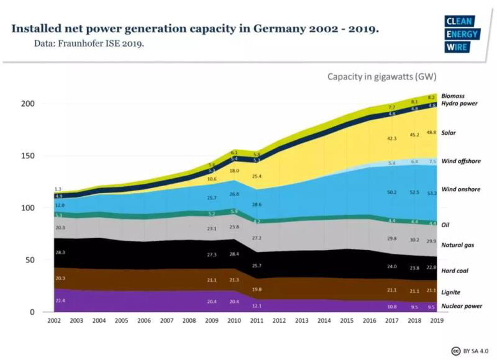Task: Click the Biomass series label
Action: [453, 96]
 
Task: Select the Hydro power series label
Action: [459, 104]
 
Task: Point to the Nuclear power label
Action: [462, 306]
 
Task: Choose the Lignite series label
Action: [451, 292]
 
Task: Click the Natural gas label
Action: [459, 246]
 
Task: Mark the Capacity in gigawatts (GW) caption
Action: [382, 77]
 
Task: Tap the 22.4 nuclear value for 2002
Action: [59, 301]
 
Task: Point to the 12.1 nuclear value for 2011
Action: [257, 306]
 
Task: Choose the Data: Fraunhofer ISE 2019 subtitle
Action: [89, 43]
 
